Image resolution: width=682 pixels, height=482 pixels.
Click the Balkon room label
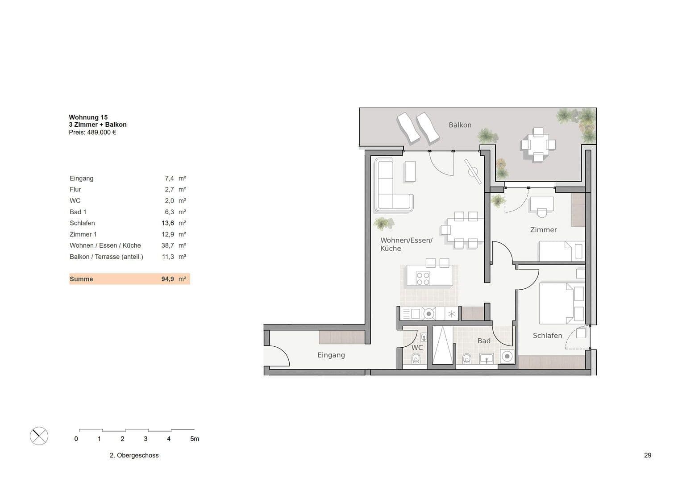pos(460,125)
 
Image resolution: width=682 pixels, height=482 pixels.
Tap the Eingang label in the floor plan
pos(331,355)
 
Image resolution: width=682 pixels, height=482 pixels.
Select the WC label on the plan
pos(417,348)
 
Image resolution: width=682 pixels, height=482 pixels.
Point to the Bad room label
pos(484,341)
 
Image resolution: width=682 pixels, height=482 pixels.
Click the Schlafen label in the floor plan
pos(547,336)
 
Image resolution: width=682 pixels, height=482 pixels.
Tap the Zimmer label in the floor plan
pos(543,230)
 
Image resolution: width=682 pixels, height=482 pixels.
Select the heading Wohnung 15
pos(88,117)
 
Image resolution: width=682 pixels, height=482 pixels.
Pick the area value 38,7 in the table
pos(167,245)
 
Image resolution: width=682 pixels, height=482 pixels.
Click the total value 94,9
pos(167,279)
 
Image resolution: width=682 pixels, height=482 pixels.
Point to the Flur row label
pos(75,190)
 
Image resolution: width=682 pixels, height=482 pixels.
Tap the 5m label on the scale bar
pos(195,439)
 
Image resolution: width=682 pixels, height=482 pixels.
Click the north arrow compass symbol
pos(39,436)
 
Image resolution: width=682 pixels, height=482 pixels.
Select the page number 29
pos(648,455)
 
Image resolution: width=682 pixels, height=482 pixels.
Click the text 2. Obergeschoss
pos(134,455)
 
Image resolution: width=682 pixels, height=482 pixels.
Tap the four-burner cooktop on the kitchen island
pos(423,278)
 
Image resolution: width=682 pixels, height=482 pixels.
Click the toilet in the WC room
pos(416,358)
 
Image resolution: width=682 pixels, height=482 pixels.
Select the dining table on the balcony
pos(538,145)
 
